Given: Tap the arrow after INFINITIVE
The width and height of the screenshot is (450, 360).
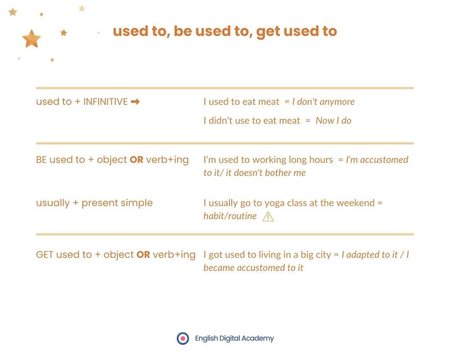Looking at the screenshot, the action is tap(135, 102).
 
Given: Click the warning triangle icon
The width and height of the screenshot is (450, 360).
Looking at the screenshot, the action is tap(268, 216).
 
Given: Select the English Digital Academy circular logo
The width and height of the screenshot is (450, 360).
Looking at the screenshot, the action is tap(183, 338).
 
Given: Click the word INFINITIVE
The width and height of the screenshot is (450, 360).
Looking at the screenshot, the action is tap(105, 102).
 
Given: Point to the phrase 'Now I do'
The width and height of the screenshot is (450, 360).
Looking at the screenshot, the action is tap(333, 121).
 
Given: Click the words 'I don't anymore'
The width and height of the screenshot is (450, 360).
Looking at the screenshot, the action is tap(324, 102).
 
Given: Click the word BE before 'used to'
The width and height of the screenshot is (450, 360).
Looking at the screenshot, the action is tap(41, 160).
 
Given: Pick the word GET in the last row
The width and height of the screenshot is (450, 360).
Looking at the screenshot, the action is tap(45, 254).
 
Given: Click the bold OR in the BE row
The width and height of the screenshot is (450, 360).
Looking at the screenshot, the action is tap(137, 160).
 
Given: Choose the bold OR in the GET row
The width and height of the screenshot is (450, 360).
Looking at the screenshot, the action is tap(143, 254).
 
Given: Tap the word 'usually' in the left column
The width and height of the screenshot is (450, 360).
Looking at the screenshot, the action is tap(53, 203).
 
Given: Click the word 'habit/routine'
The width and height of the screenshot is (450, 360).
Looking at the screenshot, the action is tap(230, 216).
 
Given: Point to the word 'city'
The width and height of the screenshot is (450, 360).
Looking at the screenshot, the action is tap(324, 255).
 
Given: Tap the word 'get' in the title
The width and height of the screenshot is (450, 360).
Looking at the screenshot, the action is tap(268, 32).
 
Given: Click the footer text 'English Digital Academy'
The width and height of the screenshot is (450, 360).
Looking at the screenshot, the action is tap(234, 338).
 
